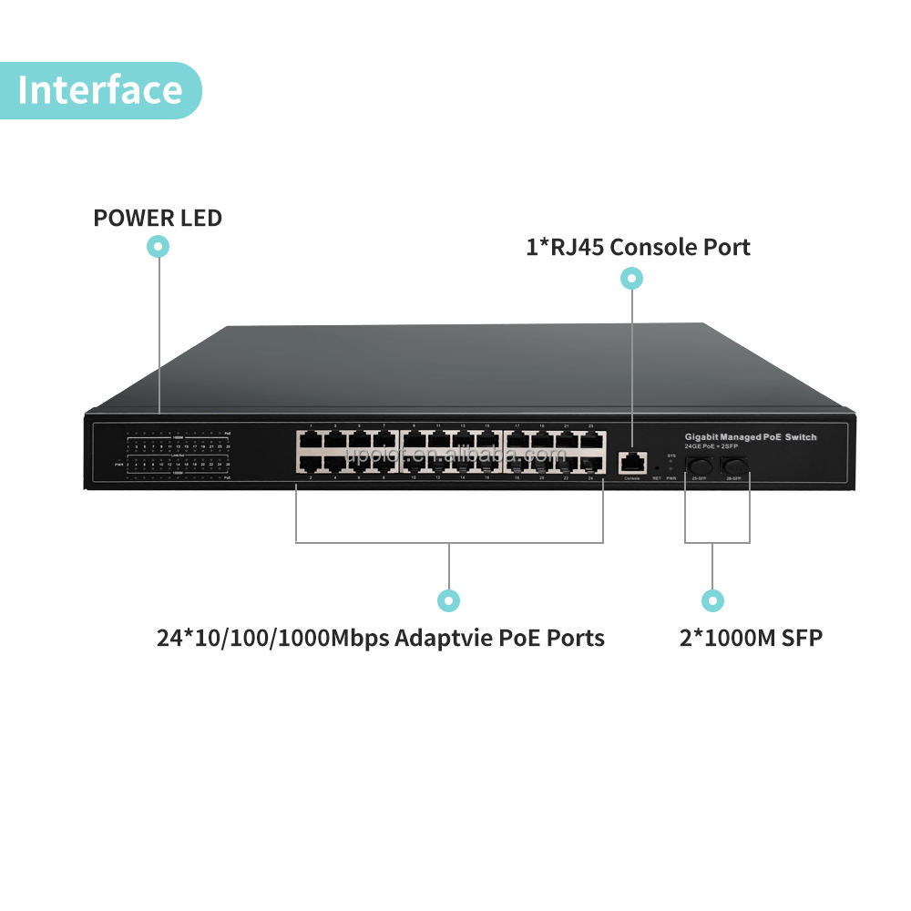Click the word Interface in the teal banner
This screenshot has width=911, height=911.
pyautogui.click(x=100, y=90)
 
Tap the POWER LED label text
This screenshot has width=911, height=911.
pyautogui.click(x=158, y=219)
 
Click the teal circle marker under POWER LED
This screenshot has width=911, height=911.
pyautogui.click(x=159, y=246)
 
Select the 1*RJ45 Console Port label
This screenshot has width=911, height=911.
pyautogui.click(x=638, y=246)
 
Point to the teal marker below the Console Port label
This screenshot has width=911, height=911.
pyautogui.click(x=631, y=279)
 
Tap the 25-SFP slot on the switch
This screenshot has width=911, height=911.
pyautogui.click(x=700, y=466)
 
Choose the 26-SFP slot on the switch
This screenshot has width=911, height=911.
pyautogui.click(x=733, y=466)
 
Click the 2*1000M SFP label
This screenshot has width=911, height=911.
pyautogui.click(x=751, y=638)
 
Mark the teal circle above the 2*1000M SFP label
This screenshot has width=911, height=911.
pyautogui.click(x=712, y=600)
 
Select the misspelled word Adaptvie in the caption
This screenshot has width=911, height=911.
pyautogui.click(x=443, y=638)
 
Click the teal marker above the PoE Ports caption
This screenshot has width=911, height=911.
pyautogui.click(x=448, y=600)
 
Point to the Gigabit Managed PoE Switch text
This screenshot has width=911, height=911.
pyautogui.click(x=751, y=438)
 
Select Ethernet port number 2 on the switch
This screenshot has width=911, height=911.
pyautogui.click(x=310, y=465)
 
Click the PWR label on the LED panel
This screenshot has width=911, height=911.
pyautogui.click(x=119, y=464)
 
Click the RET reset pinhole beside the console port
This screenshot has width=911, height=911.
pyautogui.click(x=657, y=468)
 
